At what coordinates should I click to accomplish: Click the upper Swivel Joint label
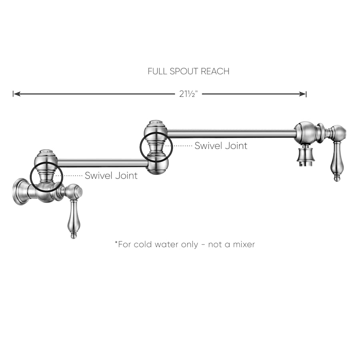point(221,146)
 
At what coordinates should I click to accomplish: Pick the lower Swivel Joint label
point(111,175)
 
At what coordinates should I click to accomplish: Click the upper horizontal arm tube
point(232,134)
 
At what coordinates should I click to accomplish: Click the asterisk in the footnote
point(116,243)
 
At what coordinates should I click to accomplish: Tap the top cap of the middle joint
point(156,123)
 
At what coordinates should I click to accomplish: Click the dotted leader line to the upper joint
point(182,146)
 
